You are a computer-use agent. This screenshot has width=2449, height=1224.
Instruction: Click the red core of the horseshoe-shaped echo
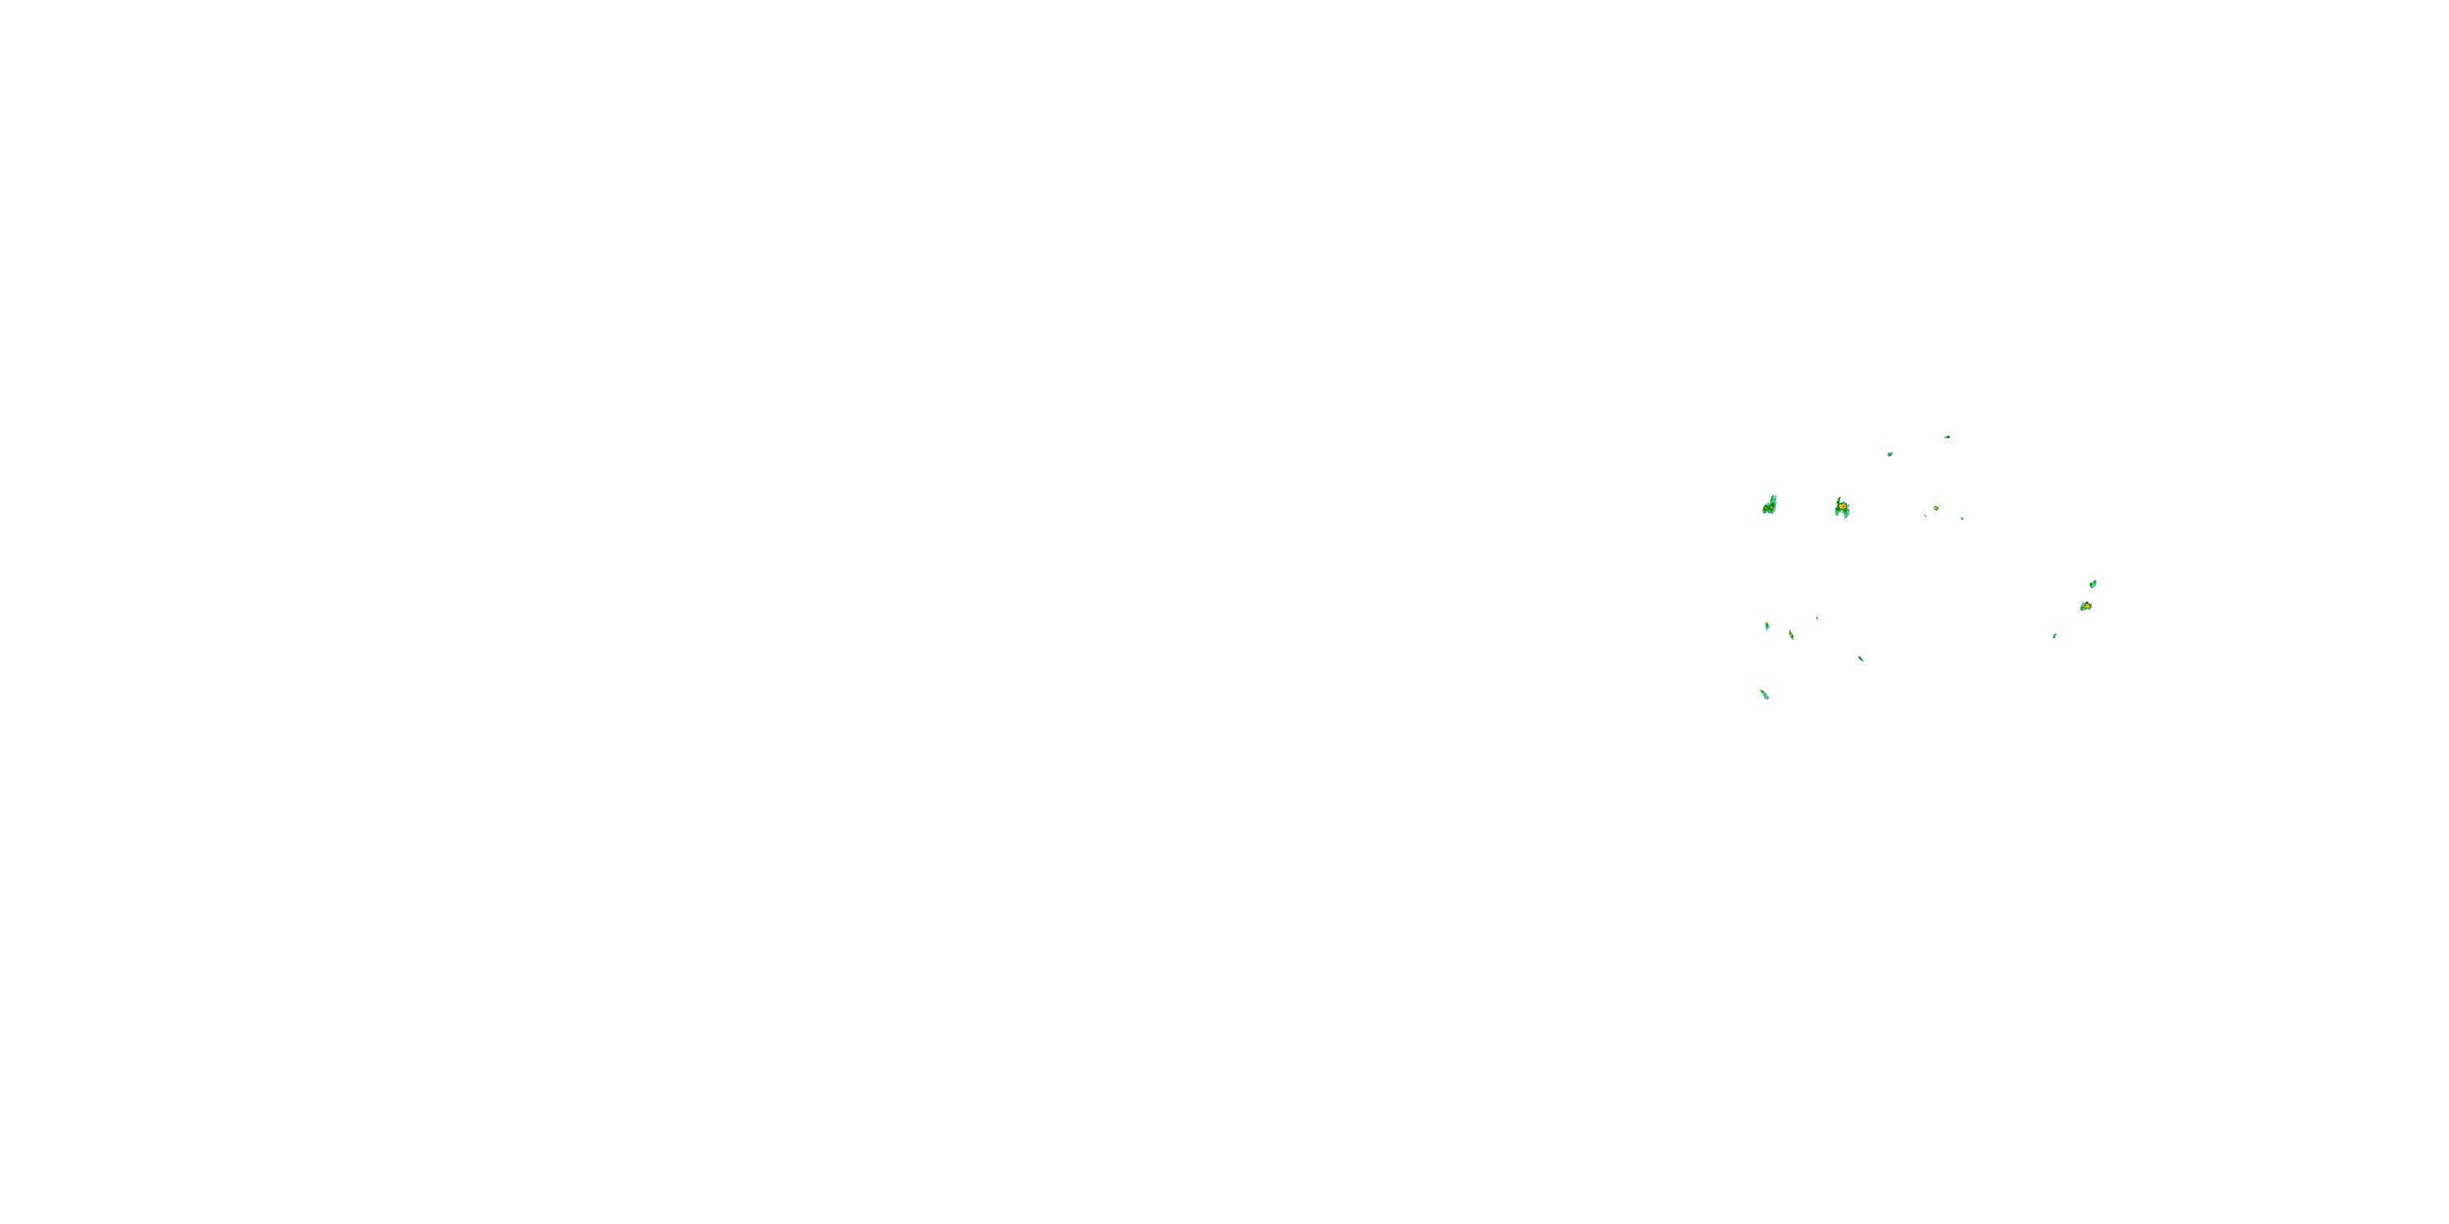pyautogui.click(x=1842, y=508)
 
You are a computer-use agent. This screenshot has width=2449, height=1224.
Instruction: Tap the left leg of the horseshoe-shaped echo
pyautogui.click(x=1837, y=513)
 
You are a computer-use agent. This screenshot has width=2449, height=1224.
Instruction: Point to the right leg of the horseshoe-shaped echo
pyautogui.click(x=1847, y=514)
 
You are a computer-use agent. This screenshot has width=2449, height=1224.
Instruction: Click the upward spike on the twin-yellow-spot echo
pyautogui.click(x=1774, y=497)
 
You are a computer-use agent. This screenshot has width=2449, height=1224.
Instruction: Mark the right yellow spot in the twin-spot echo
pyautogui.click(x=1772, y=506)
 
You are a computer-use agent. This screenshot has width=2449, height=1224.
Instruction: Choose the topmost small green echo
pyautogui.click(x=1947, y=437)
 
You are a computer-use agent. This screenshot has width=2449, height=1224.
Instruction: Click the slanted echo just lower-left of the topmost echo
pyautogui.click(x=1890, y=455)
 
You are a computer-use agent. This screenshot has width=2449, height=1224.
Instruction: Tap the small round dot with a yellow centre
pyautogui.click(x=1936, y=508)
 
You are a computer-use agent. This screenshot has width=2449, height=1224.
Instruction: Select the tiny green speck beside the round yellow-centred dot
pyautogui.click(x=1925, y=515)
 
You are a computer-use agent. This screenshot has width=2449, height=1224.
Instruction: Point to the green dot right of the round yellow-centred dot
pyautogui.click(x=1962, y=518)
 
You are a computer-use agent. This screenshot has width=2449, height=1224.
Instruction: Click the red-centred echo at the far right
pyautogui.click(x=2085, y=605)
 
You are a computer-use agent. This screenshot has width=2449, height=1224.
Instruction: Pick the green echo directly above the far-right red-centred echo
pyautogui.click(x=2092, y=583)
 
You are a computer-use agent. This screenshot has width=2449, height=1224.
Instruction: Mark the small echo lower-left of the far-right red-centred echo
pyautogui.click(x=2055, y=636)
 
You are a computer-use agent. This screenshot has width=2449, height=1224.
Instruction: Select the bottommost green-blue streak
pyautogui.click(x=1764, y=694)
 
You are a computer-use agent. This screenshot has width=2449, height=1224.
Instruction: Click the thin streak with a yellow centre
pyautogui.click(x=1791, y=634)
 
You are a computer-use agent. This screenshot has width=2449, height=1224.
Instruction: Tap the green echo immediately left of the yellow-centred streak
pyautogui.click(x=1767, y=625)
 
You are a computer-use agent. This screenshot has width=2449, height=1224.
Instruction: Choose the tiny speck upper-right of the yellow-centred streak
pyautogui.click(x=1817, y=619)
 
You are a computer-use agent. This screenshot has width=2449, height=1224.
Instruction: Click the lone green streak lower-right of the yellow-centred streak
pyautogui.click(x=1860, y=659)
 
